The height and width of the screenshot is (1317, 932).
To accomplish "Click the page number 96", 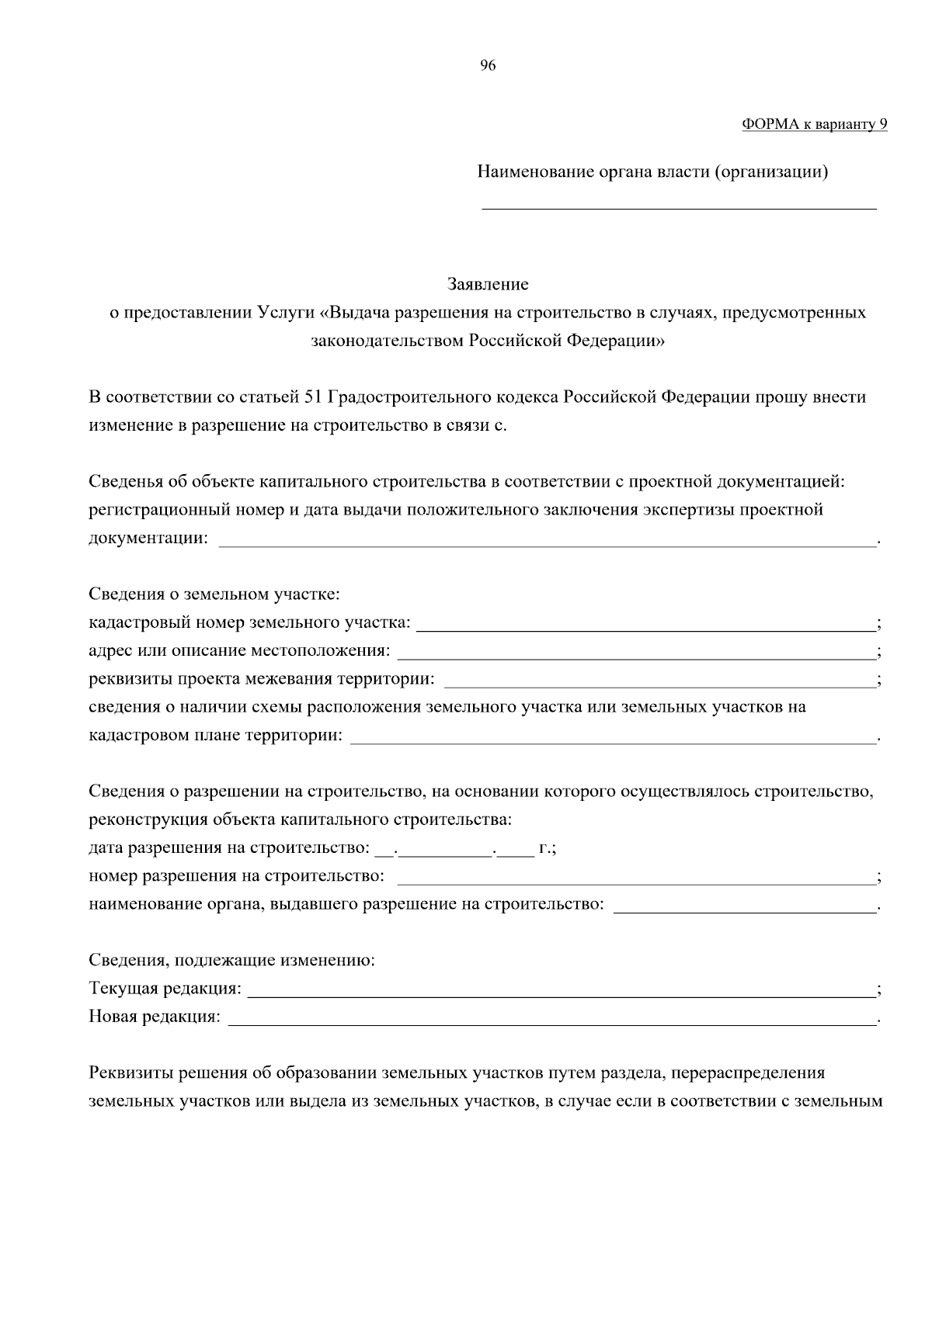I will tap(488, 66).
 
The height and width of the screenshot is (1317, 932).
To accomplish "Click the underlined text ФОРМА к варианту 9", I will tap(814, 124).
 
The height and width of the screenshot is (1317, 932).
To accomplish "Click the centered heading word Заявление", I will tap(488, 285).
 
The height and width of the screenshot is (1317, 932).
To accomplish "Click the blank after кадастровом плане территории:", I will tap(614, 736).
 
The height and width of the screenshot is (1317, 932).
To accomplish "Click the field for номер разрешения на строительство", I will tap(636, 878).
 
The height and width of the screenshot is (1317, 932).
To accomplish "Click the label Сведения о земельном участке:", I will tap(214, 595).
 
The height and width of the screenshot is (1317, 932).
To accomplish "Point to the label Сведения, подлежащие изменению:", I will tap(232, 962).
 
